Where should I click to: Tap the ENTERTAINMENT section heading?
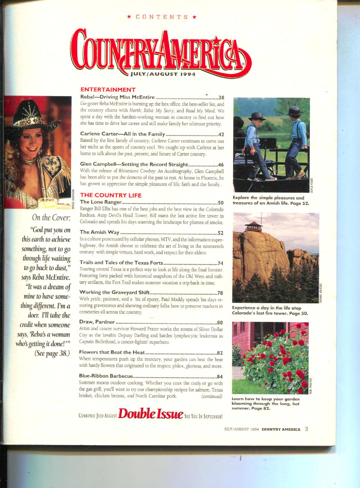pos(108,90)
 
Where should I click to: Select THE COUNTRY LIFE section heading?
pos(111,195)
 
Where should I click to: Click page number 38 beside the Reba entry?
pos(221,97)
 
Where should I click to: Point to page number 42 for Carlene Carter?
pos(221,134)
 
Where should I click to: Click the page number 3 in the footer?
pos(306,429)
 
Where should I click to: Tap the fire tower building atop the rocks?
pos(253,226)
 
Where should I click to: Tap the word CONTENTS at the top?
pos(162,17)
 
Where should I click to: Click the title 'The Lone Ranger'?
pos(101,202)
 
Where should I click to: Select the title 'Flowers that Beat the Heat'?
pos(112,353)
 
